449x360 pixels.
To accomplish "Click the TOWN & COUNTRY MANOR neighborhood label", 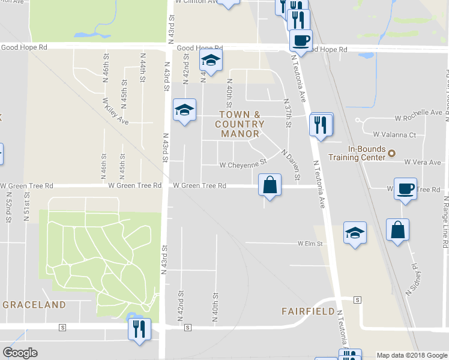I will point(240,124).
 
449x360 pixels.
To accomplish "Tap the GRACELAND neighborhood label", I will point(34,305).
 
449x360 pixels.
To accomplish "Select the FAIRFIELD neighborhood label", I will point(308,311).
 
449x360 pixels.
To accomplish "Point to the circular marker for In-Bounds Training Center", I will point(391,154).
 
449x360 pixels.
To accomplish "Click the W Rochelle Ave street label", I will point(418,113).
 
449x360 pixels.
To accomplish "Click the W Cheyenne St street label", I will point(243,164).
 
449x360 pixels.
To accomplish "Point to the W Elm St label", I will point(310,244).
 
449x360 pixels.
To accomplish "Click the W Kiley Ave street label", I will point(115,112).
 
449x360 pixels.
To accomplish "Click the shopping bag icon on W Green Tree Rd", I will point(270,185).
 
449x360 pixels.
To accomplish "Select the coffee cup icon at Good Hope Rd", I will point(300,40).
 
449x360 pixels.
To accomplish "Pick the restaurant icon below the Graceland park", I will point(140,329).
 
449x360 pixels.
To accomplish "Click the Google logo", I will point(20,353).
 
